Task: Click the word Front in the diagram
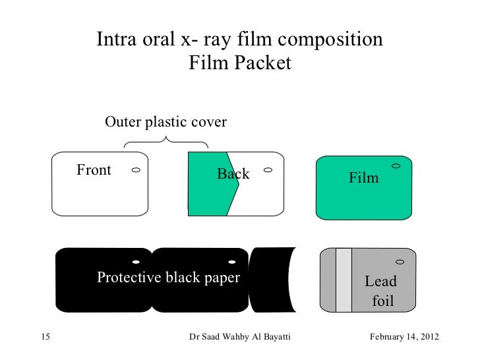click(x=94, y=171)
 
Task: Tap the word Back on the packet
click(x=233, y=174)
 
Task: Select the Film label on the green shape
click(x=364, y=178)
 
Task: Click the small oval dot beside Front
click(x=135, y=170)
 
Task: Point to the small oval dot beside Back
click(x=268, y=170)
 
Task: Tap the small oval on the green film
click(x=396, y=165)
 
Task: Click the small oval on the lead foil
click(x=400, y=262)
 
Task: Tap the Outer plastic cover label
click(x=166, y=123)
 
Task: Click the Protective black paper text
click(x=168, y=278)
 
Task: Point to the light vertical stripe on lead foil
click(x=344, y=280)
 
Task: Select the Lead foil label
click(x=382, y=291)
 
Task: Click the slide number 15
click(x=45, y=338)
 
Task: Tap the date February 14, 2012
click(x=404, y=338)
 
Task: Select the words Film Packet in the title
click(x=239, y=64)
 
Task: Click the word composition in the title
click(x=330, y=40)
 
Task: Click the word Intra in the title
click(x=117, y=40)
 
